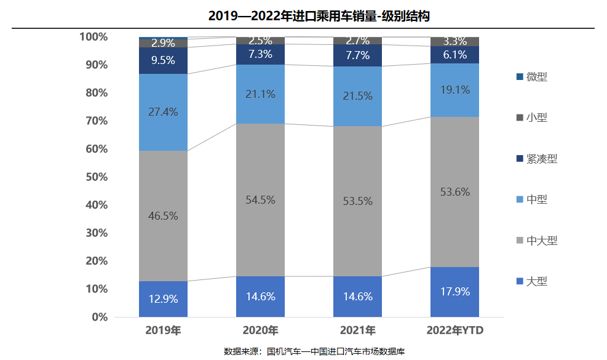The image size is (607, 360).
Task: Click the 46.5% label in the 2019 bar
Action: [163, 216]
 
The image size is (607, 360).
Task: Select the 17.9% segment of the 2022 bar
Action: [455, 292]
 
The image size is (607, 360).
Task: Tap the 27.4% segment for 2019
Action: [163, 112]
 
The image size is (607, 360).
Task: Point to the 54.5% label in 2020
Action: [260, 200]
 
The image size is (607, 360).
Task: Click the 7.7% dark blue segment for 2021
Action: [357, 55]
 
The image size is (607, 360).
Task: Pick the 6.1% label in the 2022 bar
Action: [455, 54]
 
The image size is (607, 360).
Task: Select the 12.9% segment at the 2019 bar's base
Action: [163, 299]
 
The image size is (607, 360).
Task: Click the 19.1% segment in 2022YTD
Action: [455, 90]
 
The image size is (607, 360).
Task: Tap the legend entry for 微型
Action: [536, 77]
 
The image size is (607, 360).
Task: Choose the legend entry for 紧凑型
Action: [541, 159]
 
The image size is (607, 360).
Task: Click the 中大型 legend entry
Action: [541, 241]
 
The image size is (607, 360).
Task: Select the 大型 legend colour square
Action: [520, 281]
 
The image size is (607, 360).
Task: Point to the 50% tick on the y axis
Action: [93, 177]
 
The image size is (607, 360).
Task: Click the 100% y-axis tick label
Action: [93, 37]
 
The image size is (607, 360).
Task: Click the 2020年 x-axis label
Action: [260, 331]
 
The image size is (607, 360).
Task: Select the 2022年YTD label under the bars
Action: [455, 331]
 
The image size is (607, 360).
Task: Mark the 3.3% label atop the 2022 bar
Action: [455, 42]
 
